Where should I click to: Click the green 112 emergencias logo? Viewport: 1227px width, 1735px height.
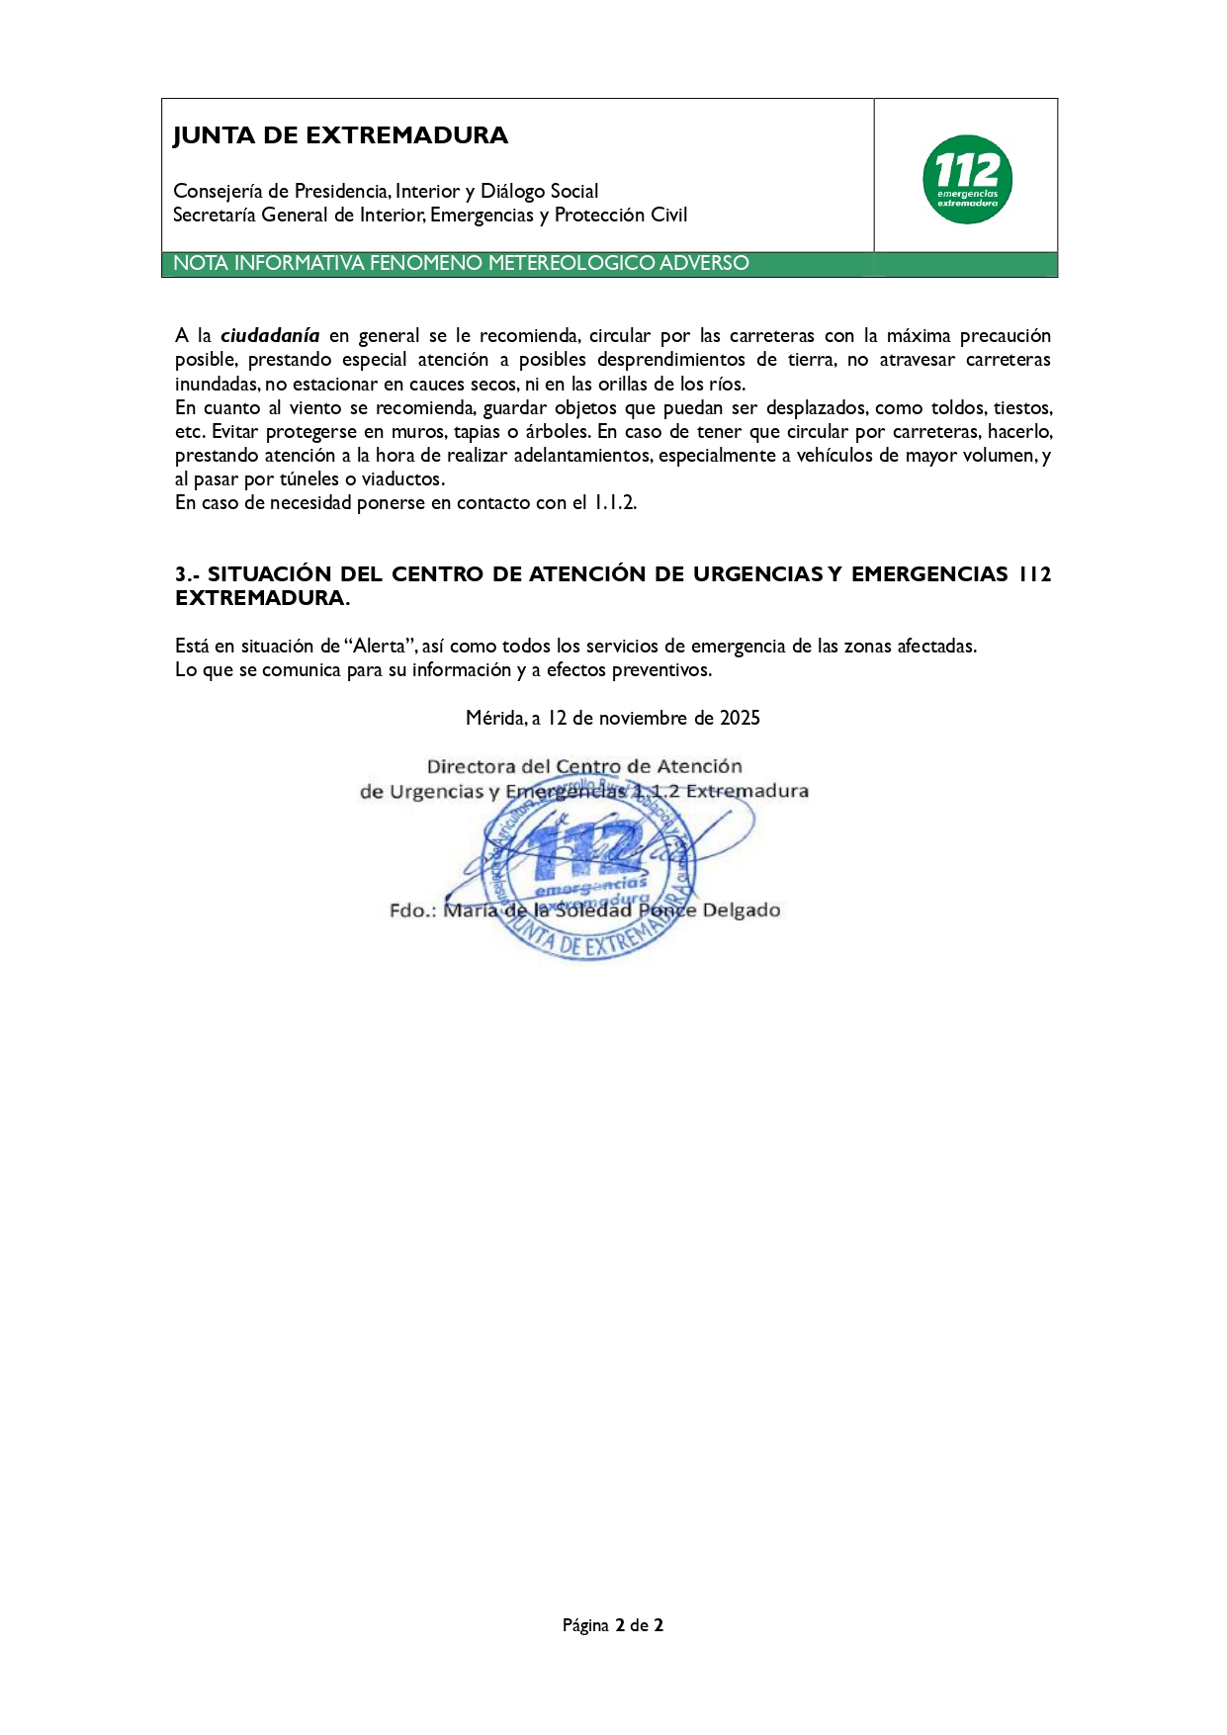tap(967, 179)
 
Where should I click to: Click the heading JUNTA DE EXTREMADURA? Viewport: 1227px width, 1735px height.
tap(340, 135)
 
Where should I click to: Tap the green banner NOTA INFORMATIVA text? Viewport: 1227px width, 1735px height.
tap(461, 263)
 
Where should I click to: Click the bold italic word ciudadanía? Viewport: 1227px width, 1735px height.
tap(270, 336)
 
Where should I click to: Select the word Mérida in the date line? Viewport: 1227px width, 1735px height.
tap(495, 719)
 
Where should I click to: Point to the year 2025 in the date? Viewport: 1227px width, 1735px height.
tap(740, 719)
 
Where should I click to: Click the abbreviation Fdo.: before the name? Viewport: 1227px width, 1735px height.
tap(412, 911)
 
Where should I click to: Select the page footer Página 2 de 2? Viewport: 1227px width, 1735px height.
tap(613, 1625)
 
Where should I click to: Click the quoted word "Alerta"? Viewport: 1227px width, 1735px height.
tap(381, 647)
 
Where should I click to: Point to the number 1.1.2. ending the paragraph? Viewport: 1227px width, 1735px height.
tap(615, 503)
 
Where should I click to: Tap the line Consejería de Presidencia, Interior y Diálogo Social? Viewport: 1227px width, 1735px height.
tap(386, 192)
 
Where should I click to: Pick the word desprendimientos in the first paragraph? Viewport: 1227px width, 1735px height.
tap(671, 360)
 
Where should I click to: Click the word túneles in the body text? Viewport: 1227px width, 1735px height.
tap(310, 479)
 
